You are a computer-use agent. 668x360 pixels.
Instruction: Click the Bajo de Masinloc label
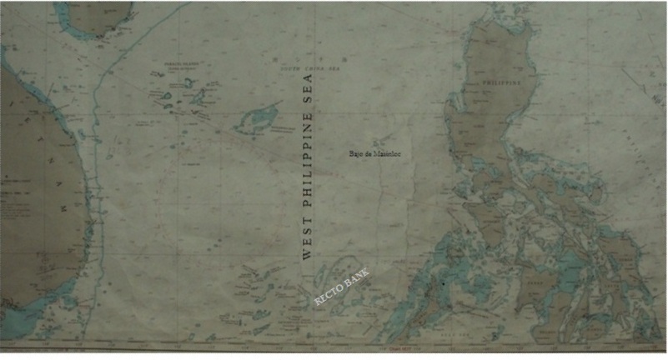pos(375,154)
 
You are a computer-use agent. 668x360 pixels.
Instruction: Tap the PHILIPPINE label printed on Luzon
pos(501,82)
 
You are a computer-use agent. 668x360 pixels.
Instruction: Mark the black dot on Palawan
pos(444,284)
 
